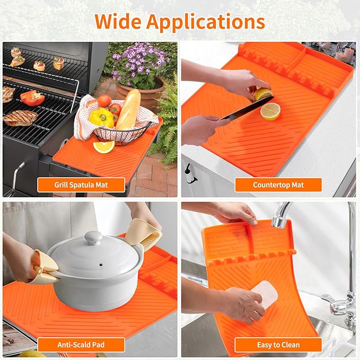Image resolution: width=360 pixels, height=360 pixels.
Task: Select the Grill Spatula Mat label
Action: [x=81, y=185]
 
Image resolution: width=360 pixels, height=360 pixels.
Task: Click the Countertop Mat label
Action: [x=278, y=185]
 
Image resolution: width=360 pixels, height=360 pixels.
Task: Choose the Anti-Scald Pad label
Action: [x=81, y=345]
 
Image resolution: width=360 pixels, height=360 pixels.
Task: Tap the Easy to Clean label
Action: [x=278, y=345]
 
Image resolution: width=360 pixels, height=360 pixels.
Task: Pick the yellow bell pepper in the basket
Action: [x=101, y=117]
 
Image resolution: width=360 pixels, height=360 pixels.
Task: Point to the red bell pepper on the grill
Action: [x=32, y=98]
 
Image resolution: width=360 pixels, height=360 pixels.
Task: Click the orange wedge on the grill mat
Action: [x=104, y=147]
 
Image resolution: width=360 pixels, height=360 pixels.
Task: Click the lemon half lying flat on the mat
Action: [x=270, y=111]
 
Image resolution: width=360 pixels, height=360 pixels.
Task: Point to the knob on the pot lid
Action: [x=93, y=238]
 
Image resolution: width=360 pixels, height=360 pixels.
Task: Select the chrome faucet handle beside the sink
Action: [x=339, y=306]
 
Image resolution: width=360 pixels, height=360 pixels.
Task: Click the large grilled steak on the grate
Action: [x=21, y=118]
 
